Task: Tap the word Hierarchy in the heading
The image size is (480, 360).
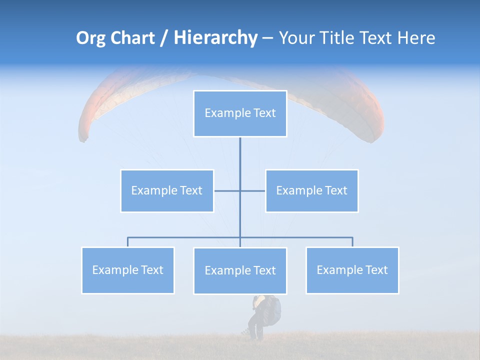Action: [215, 38]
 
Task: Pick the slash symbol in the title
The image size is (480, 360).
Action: [164, 38]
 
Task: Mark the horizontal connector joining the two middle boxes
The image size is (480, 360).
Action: [240, 190]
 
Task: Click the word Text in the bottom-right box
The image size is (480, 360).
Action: [376, 270]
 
